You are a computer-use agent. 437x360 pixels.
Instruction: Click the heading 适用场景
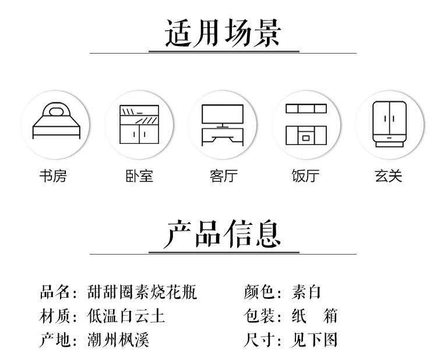click(x=223, y=33)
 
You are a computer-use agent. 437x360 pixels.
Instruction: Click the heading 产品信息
click(x=223, y=234)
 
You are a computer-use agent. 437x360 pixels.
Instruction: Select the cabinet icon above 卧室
click(x=139, y=124)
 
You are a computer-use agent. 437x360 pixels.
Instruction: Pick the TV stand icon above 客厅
click(x=223, y=124)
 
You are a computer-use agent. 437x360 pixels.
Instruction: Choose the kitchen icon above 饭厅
click(x=306, y=124)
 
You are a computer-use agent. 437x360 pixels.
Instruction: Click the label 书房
click(x=53, y=175)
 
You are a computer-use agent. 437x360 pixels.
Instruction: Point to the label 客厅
click(x=223, y=175)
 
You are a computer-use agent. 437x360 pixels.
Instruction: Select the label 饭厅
click(x=306, y=175)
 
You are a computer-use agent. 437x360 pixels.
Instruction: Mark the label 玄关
click(x=389, y=175)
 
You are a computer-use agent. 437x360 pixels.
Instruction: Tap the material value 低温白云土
click(x=126, y=316)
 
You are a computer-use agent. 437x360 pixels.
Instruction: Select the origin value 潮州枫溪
click(x=118, y=340)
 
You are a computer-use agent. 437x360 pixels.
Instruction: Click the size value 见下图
click(x=315, y=340)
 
